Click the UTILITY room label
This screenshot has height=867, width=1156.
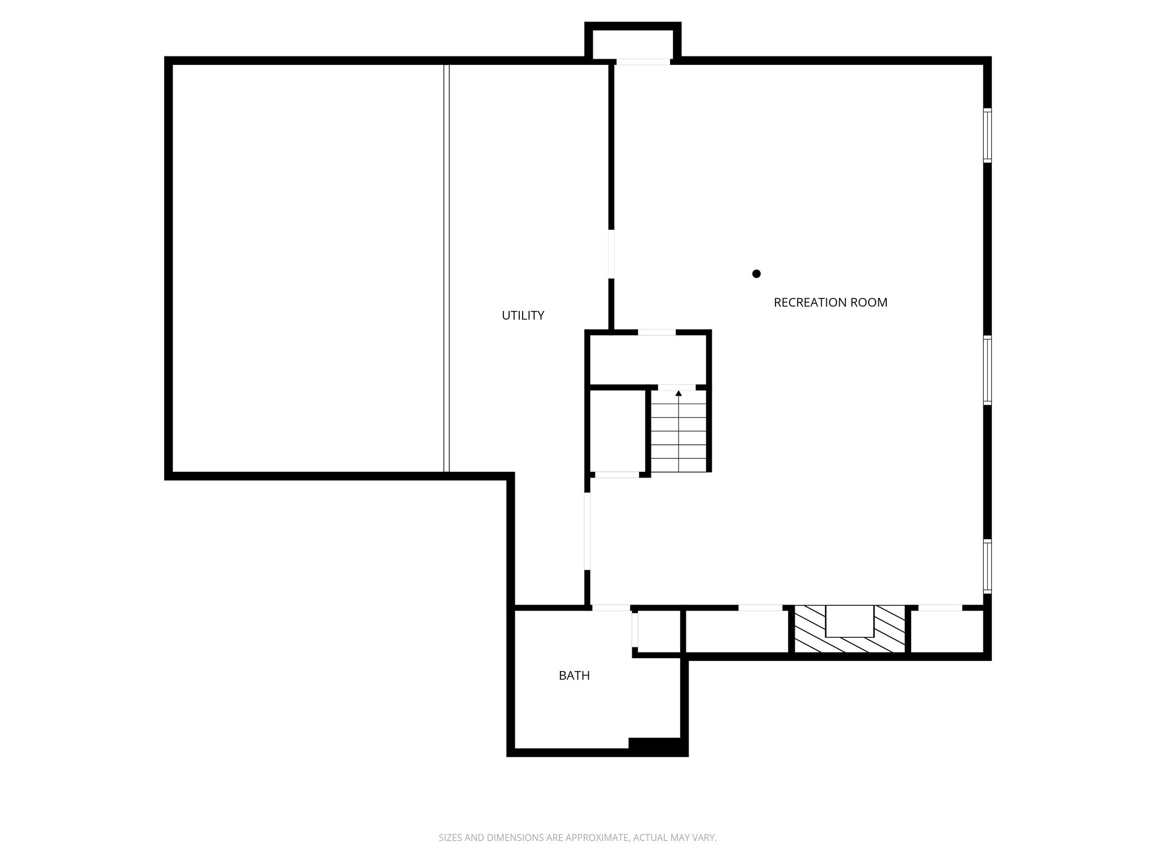pos(523,316)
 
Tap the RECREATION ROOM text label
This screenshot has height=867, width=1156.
pos(830,303)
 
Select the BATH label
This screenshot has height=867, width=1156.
pos(574,676)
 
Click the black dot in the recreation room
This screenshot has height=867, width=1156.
pos(756,274)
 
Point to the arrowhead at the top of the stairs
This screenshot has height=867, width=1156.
pos(678,393)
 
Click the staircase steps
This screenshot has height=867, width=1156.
pos(678,435)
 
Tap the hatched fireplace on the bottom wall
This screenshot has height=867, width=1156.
pos(850,630)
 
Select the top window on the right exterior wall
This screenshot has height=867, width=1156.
pos(987,135)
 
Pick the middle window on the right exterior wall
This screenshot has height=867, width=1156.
pos(987,370)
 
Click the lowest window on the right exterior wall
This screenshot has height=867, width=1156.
pos(987,566)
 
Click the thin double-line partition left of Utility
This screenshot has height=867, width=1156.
pos(446,268)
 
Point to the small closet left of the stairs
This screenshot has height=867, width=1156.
pos(618,431)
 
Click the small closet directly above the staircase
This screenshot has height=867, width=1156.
pos(648,359)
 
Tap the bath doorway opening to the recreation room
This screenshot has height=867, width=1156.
pos(611,608)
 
